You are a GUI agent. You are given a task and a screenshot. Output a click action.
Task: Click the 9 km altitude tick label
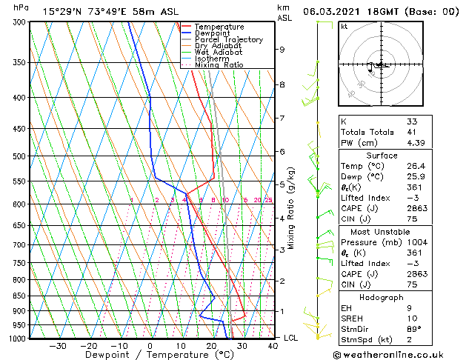tap(282, 50)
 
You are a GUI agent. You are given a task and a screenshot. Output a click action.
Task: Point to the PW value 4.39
tap(416, 143)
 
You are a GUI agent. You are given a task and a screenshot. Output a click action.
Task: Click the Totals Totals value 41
tap(411, 132)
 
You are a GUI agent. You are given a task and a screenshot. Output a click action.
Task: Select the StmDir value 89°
tap(414, 328)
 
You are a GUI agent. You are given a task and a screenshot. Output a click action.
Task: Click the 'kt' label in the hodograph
tap(344, 27)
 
